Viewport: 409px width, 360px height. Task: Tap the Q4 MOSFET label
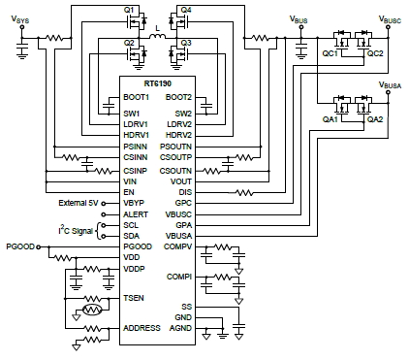(x=185, y=10)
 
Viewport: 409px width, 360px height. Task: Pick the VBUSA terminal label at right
(x=390, y=86)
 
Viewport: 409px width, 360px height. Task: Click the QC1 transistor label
(x=330, y=54)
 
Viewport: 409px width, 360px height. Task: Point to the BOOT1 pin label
(x=135, y=96)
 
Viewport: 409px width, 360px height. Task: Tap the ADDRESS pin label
(x=141, y=330)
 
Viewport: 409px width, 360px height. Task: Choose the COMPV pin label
(x=178, y=247)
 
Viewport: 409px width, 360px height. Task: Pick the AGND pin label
(x=180, y=330)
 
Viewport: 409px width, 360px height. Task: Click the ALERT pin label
(x=135, y=213)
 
